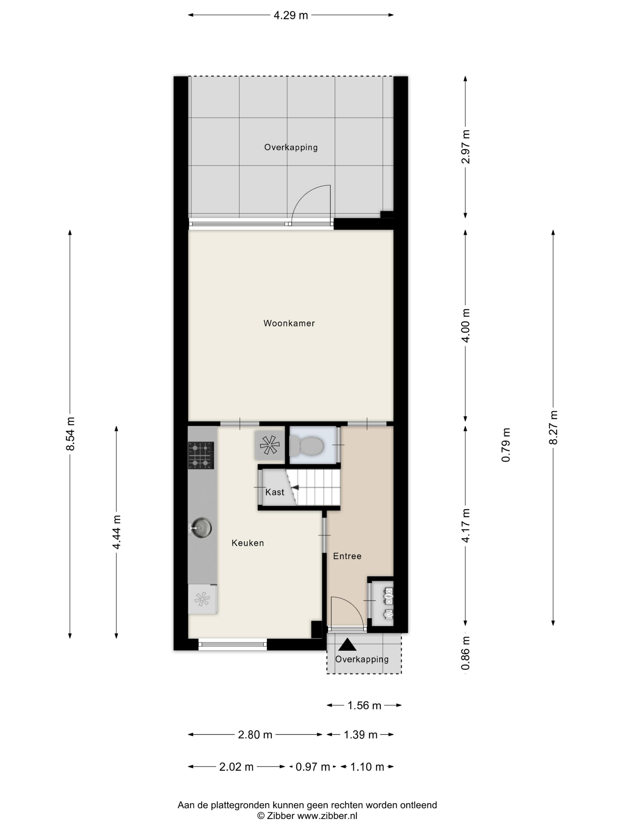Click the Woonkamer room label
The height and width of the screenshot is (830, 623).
[x=289, y=323]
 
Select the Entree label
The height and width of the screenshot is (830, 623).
[x=347, y=556]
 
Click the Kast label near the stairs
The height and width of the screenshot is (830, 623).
[x=274, y=492]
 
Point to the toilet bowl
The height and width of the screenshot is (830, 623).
[x=307, y=446]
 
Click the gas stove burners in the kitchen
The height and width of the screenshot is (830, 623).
[x=201, y=455]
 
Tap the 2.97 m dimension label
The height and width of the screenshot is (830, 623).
[x=466, y=147]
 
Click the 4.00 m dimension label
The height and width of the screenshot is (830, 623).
[x=466, y=325]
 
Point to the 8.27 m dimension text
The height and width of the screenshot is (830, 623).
[x=553, y=427]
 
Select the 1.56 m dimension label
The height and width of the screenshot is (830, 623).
[x=364, y=705]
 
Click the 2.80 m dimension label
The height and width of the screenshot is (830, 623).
[x=255, y=734]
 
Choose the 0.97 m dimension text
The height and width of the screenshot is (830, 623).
[x=312, y=767]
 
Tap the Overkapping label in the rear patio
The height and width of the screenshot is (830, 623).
[x=291, y=147]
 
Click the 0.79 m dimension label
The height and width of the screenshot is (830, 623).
[x=506, y=445]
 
